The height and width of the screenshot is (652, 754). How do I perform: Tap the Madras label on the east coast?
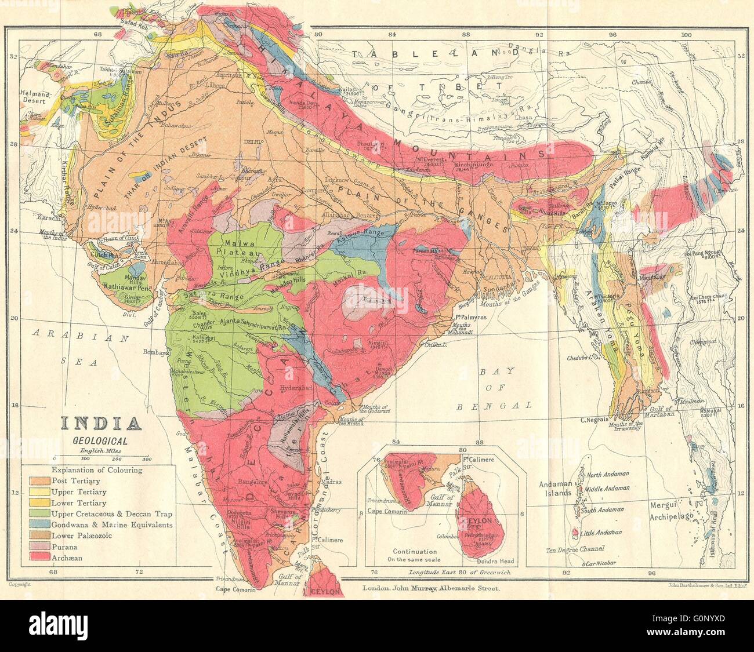331,482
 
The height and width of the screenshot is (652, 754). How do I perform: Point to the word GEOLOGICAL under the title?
100,440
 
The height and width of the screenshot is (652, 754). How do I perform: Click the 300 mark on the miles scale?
146,458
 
